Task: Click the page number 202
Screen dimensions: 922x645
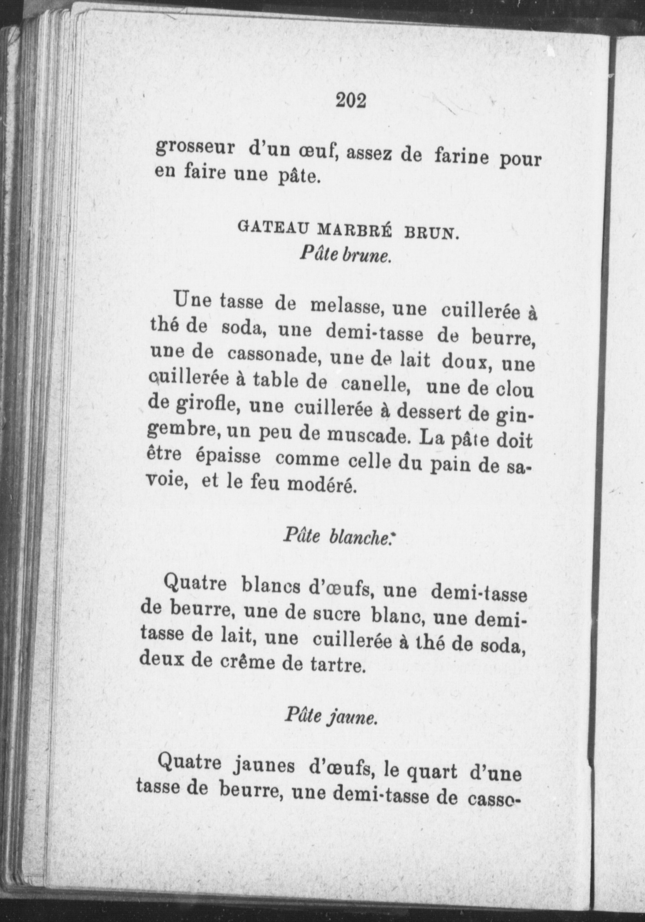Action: pyautogui.click(x=351, y=100)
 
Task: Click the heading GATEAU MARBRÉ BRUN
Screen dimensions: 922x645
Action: pyautogui.click(x=348, y=229)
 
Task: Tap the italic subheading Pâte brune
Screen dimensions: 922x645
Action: pyautogui.click(x=345, y=254)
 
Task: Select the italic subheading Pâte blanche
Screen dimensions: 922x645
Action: pyautogui.click(x=338, y=536)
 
